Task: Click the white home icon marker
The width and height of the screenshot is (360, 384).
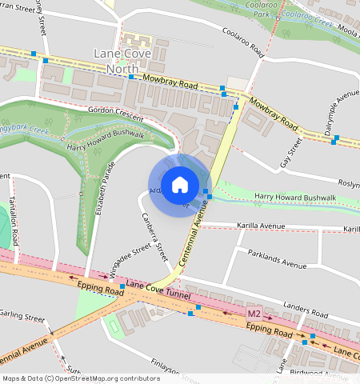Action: tap(180, 184)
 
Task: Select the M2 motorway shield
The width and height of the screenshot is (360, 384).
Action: tap(254, 313)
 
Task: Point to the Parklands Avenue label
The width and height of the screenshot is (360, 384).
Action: tap(278, 264)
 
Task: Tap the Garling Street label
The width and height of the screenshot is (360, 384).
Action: tap(22, 318)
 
